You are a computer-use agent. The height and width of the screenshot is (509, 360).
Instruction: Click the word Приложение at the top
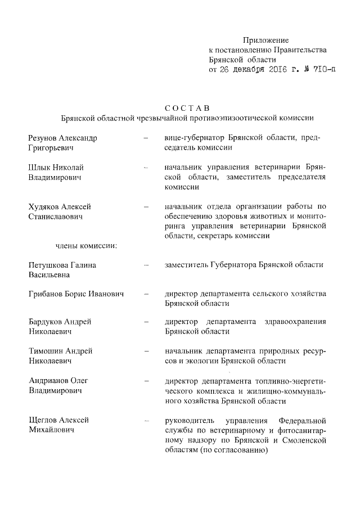(x=265, y=40)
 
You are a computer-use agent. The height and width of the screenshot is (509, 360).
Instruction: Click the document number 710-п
(x=313, y=70)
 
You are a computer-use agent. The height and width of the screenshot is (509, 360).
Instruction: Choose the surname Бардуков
(x=47, y=322)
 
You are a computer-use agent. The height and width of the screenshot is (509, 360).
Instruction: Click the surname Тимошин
(x=46, y=351)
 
